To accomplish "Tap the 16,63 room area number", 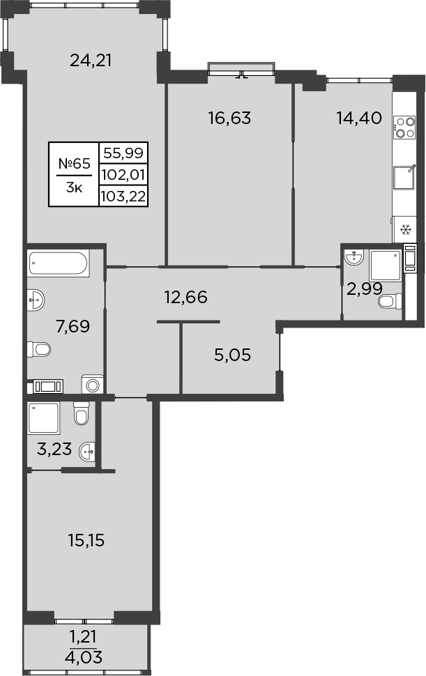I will click(229, 118).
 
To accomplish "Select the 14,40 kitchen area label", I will click(358, 118).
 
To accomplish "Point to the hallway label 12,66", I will click(186, 298).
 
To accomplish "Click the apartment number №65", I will click(74, 164).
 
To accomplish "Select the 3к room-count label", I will click(73, 187).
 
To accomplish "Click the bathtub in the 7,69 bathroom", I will click(59, 264).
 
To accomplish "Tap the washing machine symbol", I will click(91, 385).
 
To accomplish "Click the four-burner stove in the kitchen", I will click(404, 126).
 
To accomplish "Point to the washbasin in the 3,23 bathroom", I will click(87, 452).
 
